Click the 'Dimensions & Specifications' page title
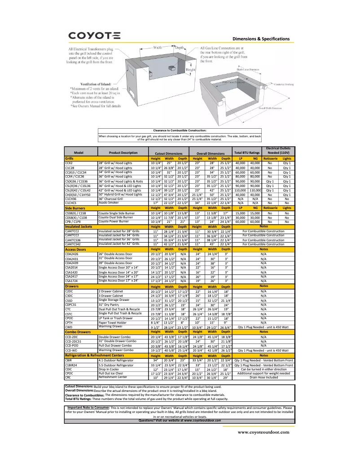pyautogui.click(x=261, y=39)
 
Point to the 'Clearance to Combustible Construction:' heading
pyautogui.click(x=180, y=130)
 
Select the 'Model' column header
pyautogui.click(x=79, y=153)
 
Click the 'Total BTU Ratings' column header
pyautogui.click(x=247, y=153)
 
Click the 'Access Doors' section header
pyautogui.click(x=75, y=249)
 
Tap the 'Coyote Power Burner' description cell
pyautogui.click(x=114, y=221)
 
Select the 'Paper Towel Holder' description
pyautogui.click(x=113, y=322)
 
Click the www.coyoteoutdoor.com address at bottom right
pyautogui.click(x=263, y=432)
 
